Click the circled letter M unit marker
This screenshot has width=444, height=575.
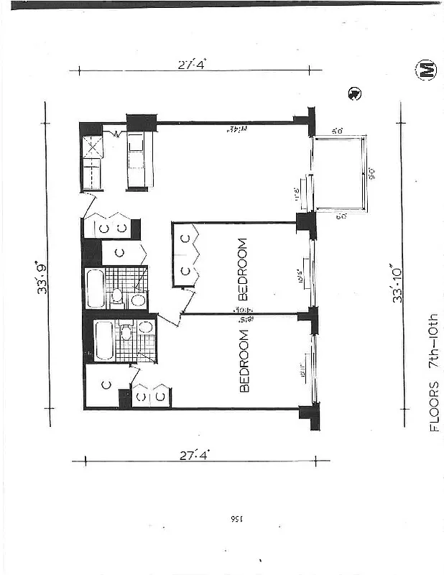(425, 70)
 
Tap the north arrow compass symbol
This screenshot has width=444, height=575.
(353, 93)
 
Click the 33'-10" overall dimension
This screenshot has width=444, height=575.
(397, 284)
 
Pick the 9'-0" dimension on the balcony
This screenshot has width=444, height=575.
(371, 172)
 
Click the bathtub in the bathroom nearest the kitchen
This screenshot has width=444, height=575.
(96, 287)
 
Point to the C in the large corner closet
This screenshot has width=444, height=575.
(105, 385)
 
